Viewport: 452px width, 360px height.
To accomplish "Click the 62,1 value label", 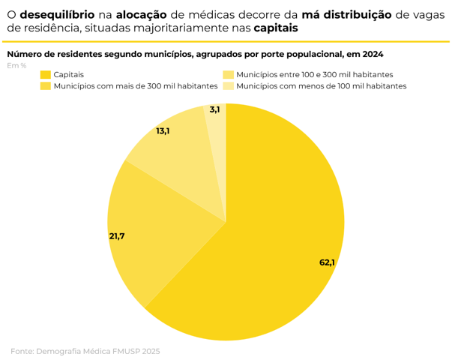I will (x=327, y=262).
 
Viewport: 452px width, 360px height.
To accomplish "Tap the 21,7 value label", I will (x=117, y=236).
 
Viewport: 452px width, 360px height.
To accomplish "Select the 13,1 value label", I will (x=163, y=130).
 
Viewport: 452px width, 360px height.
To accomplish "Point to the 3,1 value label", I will (x=215, y=109).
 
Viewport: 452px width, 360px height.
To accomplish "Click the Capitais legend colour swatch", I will (x=45, y=75).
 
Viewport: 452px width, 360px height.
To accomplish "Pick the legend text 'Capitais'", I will (x=69, y=75).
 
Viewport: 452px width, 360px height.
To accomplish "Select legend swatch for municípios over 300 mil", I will (x=45, y=86).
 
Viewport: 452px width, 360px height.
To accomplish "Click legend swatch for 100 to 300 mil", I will (x=228, y=75).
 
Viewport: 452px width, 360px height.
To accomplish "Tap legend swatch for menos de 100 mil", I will (x=228, y=86).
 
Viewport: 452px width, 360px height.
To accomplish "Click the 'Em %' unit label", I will (x=16, y=66).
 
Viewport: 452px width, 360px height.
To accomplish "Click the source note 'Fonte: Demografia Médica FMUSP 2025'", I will (x=85, y=351).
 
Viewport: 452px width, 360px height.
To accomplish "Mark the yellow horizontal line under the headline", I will (x=226, y=42).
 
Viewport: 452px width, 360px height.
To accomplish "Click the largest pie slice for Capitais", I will (x=285, y=240).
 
